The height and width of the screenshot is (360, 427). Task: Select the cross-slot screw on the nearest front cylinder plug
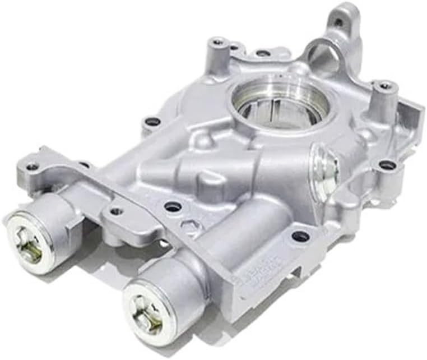(x=146, y=312)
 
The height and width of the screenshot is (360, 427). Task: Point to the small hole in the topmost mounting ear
(x=338, y=23)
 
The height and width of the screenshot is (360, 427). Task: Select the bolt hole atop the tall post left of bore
(x=217, y=41)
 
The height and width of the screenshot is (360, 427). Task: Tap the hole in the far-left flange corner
(x=33, y=167)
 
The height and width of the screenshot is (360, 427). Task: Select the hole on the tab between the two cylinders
(x=116, y=211)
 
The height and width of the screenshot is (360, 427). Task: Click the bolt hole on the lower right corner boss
(x=387, y=165)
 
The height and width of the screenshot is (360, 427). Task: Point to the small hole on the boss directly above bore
(x=262, y=54)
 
